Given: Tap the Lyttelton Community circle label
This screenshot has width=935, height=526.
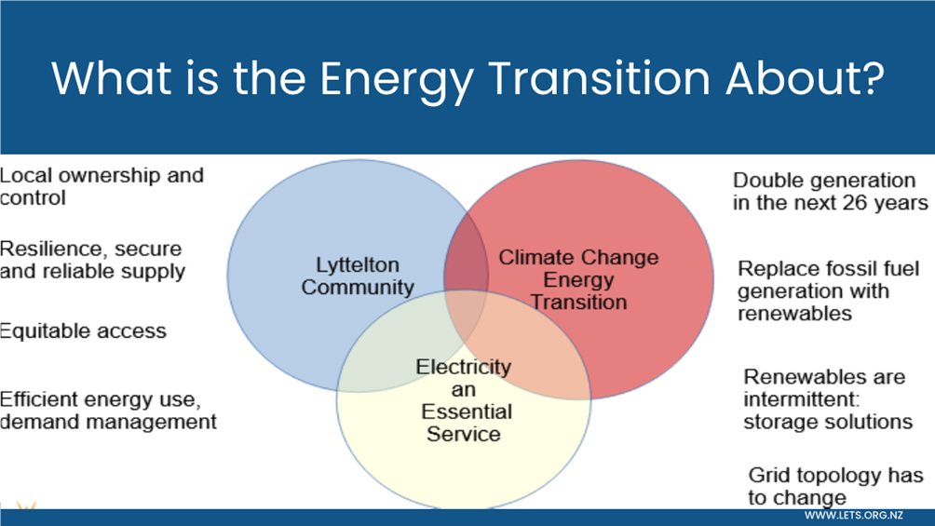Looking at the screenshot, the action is coord(358,276).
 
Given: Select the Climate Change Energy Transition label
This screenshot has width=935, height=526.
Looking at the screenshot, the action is coord(578,279).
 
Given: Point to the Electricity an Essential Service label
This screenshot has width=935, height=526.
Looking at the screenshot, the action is coord(464,400).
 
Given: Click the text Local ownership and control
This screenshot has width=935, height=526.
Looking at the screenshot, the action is coord(102,186).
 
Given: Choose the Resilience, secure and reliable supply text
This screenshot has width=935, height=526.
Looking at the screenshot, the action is coord(92,260).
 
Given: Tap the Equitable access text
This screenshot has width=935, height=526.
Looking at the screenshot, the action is coord(83,330).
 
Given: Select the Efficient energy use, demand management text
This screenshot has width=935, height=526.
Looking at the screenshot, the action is coord(108,411).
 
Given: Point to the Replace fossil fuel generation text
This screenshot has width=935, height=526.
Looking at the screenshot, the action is coord(828,279).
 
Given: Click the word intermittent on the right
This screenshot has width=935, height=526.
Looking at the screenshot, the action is coord(801,399).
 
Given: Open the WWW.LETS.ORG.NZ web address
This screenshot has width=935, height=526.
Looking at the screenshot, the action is coord(853,515).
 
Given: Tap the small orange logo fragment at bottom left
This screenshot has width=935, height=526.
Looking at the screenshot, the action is coord(26,506).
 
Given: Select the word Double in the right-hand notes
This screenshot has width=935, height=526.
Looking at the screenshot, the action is coord(766,180).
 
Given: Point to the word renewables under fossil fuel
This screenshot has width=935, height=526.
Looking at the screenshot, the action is coord(795,313).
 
